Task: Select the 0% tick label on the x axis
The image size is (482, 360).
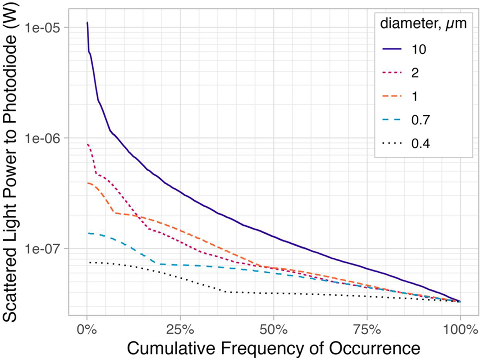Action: tap(87, 329)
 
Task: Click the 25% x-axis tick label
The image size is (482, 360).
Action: tap(180, 329)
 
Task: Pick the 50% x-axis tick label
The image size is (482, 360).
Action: tap(273, 329)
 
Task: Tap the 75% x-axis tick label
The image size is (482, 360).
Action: tap(366, 329)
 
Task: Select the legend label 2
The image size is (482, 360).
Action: tap(415, 73)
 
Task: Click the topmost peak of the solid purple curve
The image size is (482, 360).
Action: tap(87, 22)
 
